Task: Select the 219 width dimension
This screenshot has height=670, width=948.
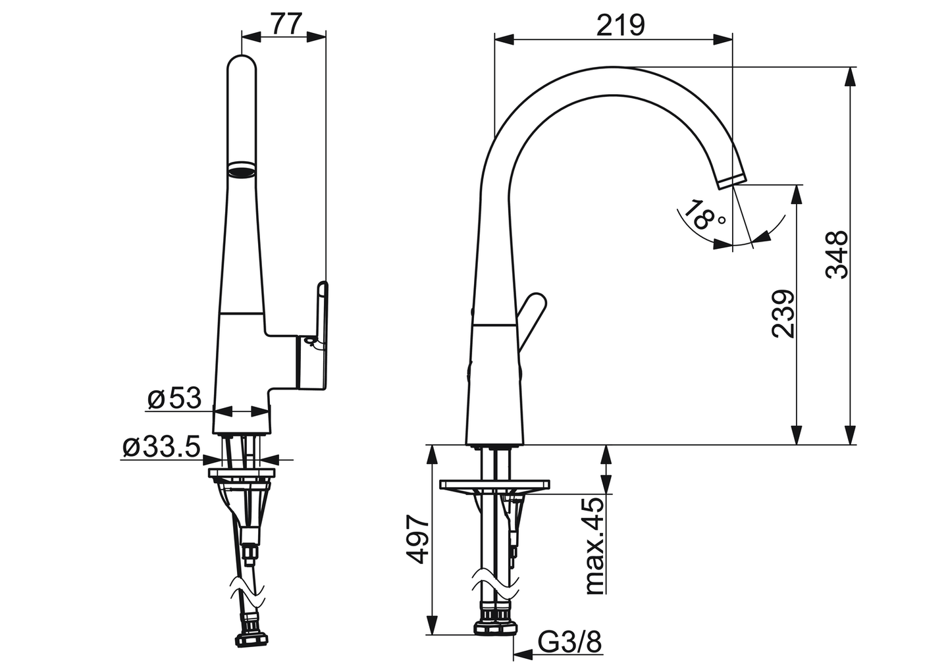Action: point(620,25)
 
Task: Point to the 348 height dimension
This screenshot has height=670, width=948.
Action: point(837,255)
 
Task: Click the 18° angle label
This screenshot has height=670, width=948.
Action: point(703,216)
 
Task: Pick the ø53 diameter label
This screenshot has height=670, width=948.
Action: point(174,398)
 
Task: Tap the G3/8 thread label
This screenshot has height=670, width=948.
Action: point(570,642)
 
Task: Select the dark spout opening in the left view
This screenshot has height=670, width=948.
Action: point(241,170)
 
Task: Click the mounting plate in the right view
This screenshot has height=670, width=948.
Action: point(494,485)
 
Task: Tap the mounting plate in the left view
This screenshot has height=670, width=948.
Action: point(241,472)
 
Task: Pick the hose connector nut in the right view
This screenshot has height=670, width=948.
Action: point(495,622)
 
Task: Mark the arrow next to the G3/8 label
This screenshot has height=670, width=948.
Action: point(523,655)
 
